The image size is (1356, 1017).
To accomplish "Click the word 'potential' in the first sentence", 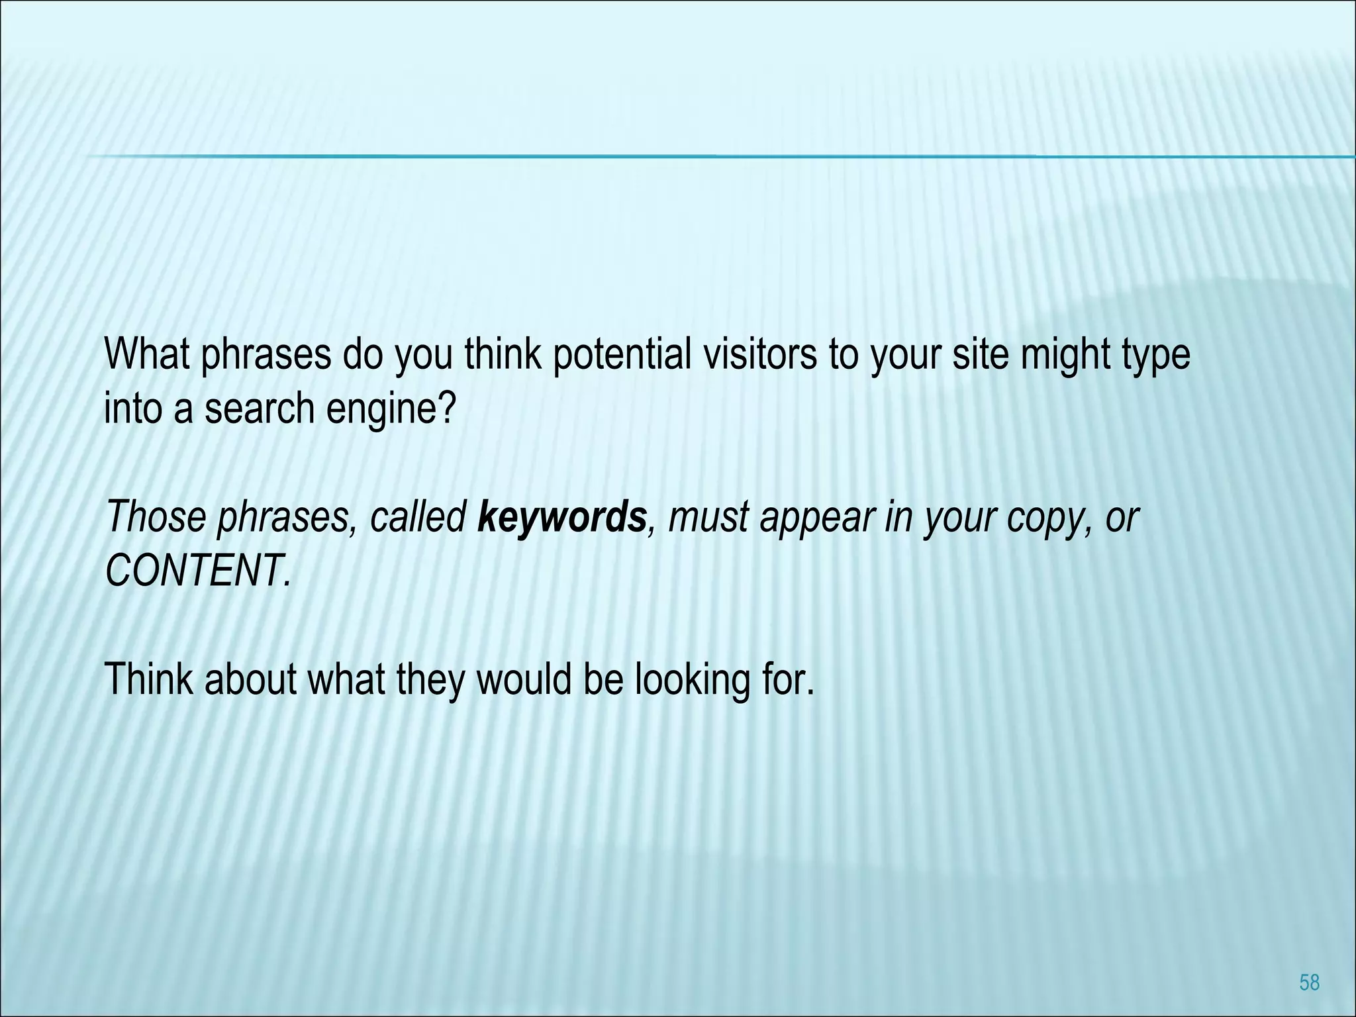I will click(621, 356).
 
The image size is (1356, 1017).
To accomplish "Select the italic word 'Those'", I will click(156, 516).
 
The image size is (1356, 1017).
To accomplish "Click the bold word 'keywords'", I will click(561, 518).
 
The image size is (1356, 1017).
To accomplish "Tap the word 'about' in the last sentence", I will click(249, 679).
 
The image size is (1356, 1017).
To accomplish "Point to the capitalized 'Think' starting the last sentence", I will click(150, 679).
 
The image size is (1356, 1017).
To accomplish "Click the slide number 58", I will click(1309, 983).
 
